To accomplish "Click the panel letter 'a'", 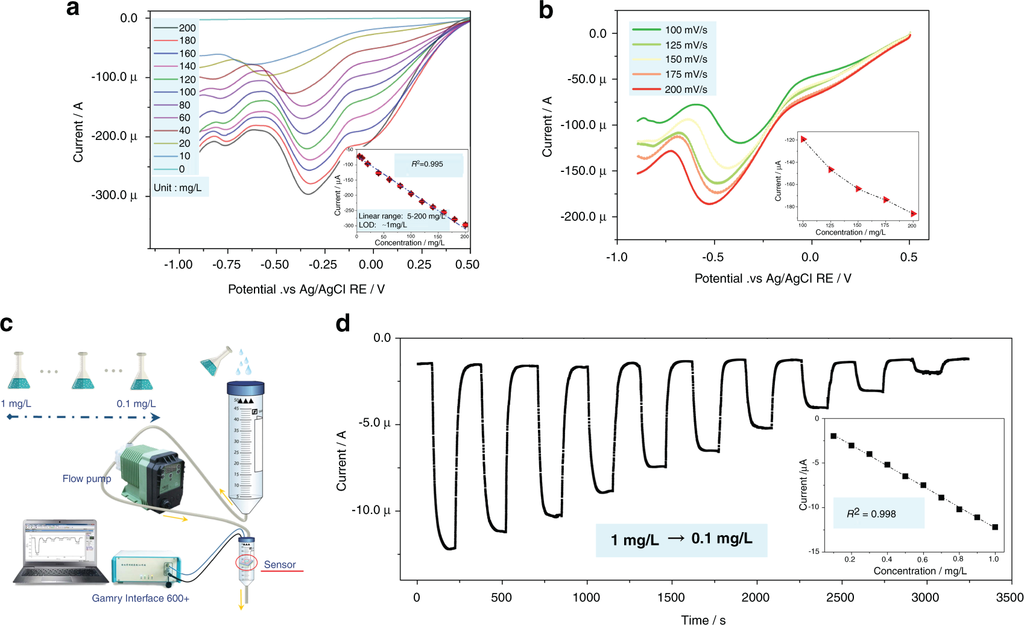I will tap(72, 9).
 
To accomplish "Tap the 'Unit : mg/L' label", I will tap(178, 188).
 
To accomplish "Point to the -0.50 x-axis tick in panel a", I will tap(275, 264).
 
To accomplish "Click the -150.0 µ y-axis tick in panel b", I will tap(583, 171).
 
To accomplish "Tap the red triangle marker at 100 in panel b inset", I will tap(803, 139).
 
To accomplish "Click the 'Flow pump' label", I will tap(87, 478).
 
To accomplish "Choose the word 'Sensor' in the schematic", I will tap(280, 565).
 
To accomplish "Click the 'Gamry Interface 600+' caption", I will tap(141, 598).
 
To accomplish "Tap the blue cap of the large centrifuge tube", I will tap(245, 388).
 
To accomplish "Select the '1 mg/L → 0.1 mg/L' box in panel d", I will tap(681, 539).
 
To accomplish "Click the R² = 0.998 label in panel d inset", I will tap(871, 513).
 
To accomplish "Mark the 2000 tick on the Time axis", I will tap(755, 597).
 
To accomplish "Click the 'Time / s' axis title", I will tap(703, 619).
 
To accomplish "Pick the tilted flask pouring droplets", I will tap(217, 361).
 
